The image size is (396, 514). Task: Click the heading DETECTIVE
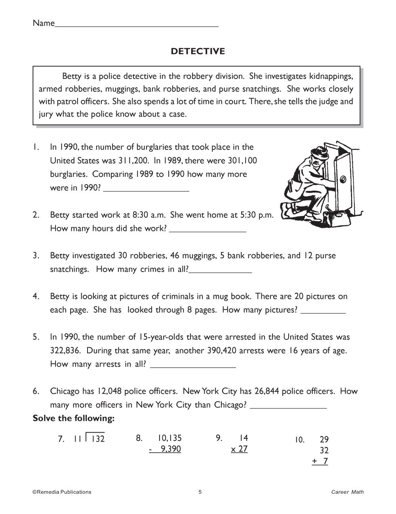(x=198, y=51)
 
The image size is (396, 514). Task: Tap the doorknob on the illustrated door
(x=343, y=179)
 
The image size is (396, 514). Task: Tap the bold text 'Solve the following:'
(x=74, y=418)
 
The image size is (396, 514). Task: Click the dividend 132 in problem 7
(x=98, y=439)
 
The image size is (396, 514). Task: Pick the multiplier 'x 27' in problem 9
(x=240, y=449)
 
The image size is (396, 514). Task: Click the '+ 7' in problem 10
(x=320, y=461)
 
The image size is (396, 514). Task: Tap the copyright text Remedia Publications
(x=62, y=492)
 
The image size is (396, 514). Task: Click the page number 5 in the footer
(x=200, y=492)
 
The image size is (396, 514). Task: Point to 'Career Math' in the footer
(x=348, y=492)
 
